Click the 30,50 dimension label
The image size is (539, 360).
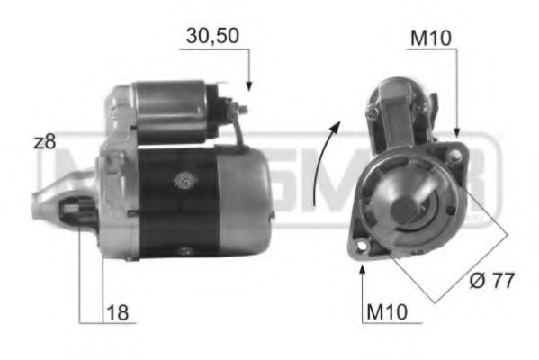[211, 38]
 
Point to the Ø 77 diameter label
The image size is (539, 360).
[490, 281]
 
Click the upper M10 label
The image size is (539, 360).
[430, 38]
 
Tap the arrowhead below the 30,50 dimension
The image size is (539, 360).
[248, 86]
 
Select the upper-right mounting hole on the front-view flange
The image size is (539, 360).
[455, 156]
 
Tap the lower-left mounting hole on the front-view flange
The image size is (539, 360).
[362, 245]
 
